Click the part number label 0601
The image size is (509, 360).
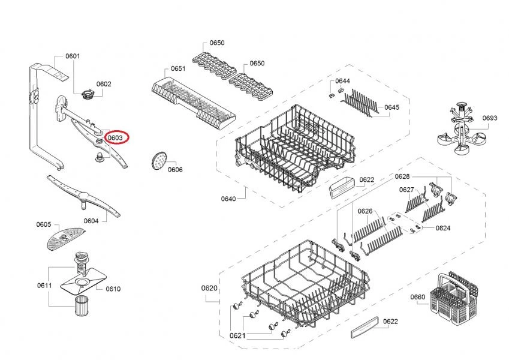coord(73,56)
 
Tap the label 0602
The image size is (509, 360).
coord(104,85)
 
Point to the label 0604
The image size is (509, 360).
coord(91,221)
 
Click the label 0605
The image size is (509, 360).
coord(43,224)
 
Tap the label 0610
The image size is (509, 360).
coord(113,289)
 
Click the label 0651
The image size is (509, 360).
coord(178,69)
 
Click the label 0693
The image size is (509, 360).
coord(490,118)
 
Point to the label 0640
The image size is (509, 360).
coord(228,199)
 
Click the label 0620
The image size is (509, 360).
coord(209,288)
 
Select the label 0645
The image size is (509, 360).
coord(391,107)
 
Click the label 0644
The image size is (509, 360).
coord(343,81)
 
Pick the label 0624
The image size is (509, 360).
coord(443,228)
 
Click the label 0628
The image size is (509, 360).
coord(402,176)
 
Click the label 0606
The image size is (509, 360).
coord(175,170)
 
